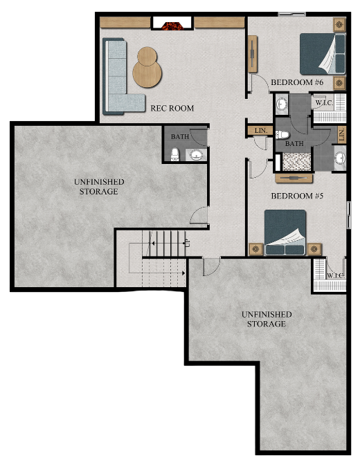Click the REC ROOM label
point(172,109)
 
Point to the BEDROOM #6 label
point(297,83)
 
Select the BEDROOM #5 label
point(297,196)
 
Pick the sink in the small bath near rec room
point(197,154)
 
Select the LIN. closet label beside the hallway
point(260,130)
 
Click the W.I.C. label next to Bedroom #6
point(323,103)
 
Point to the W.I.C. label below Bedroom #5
point(335,275)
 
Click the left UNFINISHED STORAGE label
point(99,186)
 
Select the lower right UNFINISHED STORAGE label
point(267,319)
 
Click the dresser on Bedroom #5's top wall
point(294,178)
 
